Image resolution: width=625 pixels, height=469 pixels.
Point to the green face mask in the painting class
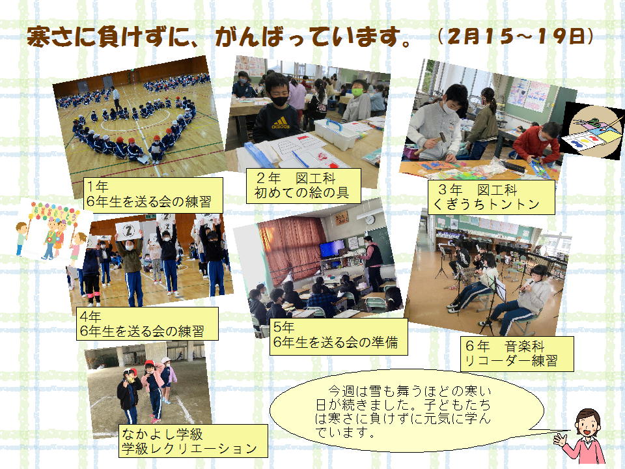tap(357, 92)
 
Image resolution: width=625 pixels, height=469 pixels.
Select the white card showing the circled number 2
tap(128, 231)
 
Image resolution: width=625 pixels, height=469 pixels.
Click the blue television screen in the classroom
tap(331, 248)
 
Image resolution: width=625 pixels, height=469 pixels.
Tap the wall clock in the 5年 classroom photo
tap(370, 220)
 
